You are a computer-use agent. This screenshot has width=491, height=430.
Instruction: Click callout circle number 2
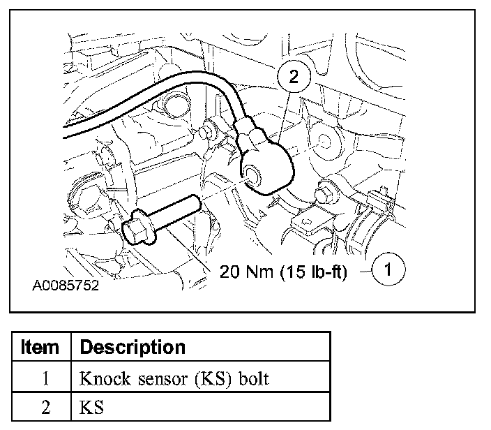[294, 76]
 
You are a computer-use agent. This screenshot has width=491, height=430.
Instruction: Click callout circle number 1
[388, 269]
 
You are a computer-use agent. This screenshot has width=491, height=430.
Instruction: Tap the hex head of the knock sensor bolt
[132, 231]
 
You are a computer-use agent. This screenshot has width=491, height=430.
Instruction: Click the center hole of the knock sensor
[252, 175]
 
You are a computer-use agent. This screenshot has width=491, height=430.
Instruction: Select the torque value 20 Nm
[246, 271]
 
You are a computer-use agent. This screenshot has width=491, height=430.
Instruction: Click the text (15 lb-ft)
[313, 272]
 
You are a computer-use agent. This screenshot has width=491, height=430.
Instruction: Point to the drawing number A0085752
[66, 286]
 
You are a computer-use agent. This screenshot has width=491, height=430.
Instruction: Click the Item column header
[40, 347]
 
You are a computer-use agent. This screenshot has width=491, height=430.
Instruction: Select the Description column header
[133, 348]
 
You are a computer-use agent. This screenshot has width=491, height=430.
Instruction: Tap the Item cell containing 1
[46, 378]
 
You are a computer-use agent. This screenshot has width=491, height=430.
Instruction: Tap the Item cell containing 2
[46, 408]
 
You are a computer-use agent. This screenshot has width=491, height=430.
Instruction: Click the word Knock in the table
[105, 378]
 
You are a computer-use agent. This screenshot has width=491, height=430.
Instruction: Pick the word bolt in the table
[254, 378]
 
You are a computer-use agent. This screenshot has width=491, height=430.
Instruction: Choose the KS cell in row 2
[91, 408]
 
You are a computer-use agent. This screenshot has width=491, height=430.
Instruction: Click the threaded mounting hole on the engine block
[324, 142]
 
